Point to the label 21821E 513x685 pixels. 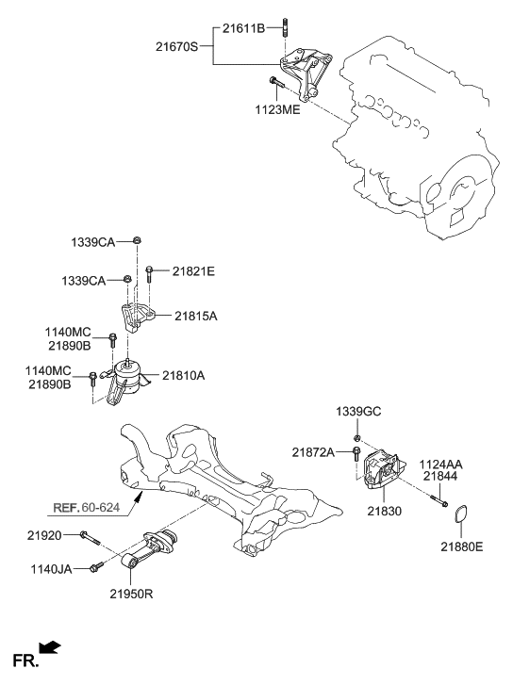[x=192, y=271]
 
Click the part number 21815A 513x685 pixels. [x=194, y=317]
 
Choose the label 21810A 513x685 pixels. [x=182, y=375]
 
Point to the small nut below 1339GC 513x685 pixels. [x=356, y=438]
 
